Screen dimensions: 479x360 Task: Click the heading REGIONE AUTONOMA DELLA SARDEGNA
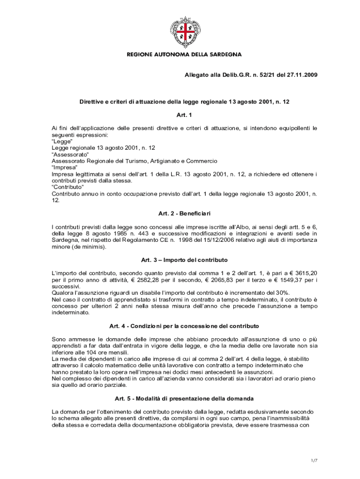coord(184,55)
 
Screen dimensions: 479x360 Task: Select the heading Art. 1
coord(184,115)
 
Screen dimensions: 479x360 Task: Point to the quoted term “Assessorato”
coord(70,154)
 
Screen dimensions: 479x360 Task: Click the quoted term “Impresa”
coord(65,167)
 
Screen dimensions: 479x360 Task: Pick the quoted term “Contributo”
coord(68,187)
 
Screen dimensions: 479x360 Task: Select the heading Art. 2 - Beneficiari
coord(184,213)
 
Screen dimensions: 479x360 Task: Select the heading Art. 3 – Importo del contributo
coord(184,260)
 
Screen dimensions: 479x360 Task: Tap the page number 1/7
coord(314,461)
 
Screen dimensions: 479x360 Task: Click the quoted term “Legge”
coord(62,141)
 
